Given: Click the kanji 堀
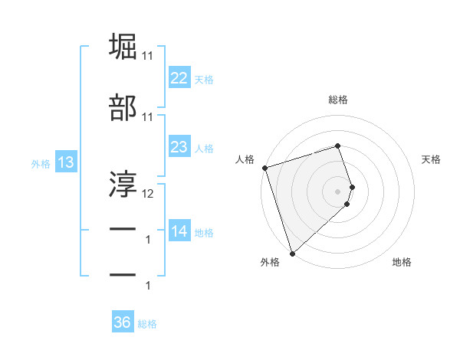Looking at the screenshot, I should tap(123, 47).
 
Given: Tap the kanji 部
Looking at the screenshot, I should tap(123, 108).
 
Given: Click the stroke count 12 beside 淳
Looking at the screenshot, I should tap(148, 195).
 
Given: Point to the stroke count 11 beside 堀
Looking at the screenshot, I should tap(148, 56).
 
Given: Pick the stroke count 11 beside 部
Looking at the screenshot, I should tap(148, 117).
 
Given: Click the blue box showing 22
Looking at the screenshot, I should tap(179, 77).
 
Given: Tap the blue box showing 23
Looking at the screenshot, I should tap(179, 146).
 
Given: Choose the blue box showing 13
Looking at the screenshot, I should tap(65, 162).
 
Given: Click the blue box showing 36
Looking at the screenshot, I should tap(123, 322).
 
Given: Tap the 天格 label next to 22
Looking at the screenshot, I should tap(204, 79).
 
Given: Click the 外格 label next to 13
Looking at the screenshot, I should tap(41, 163).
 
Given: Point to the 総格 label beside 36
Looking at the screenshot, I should tap(147, 324).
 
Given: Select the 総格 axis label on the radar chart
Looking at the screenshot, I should tap(338, 100).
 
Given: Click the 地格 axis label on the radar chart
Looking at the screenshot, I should tap(402, 262).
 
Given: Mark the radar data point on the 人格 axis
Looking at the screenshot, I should tap(264, 168).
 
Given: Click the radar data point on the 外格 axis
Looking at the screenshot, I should tap(292, 253).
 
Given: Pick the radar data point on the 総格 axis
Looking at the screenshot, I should tap(338, 146).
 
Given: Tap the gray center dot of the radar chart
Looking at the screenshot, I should tap(338, 191).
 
